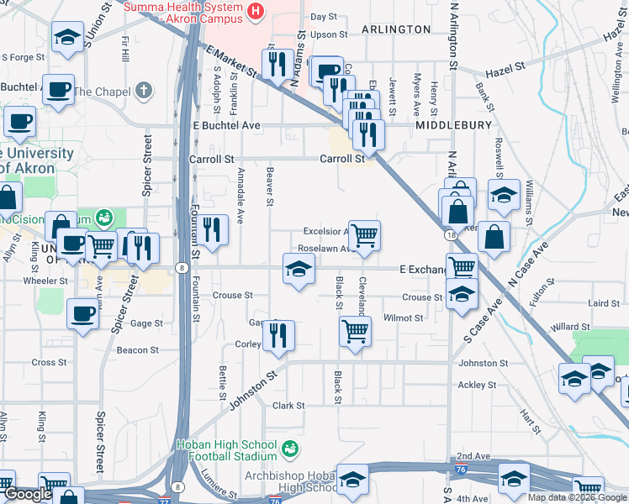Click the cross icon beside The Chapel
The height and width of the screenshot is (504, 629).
pos(145,90)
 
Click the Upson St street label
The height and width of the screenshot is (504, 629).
pos(328,34)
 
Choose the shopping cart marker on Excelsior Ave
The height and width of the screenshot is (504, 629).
pos(364,234)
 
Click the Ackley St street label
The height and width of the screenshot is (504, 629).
pos(477,386)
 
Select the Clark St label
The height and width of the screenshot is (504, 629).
pos(288,405)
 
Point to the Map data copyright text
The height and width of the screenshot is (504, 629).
pos(578,497)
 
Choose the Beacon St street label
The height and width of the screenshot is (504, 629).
pos(137,350)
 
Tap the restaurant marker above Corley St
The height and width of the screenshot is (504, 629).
pos(278,335)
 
